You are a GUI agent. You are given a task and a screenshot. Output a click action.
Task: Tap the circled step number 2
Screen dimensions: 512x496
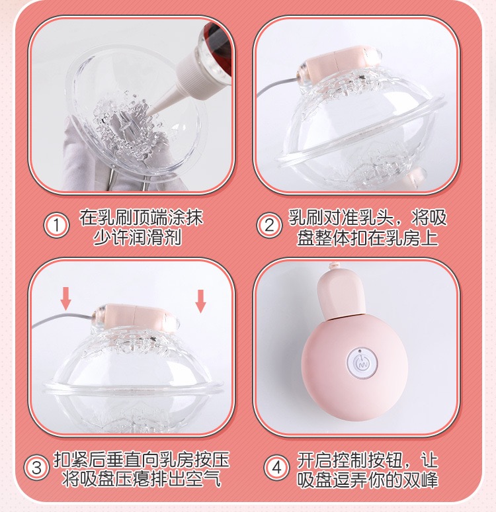pyautogui.click(x=269, y=226)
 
